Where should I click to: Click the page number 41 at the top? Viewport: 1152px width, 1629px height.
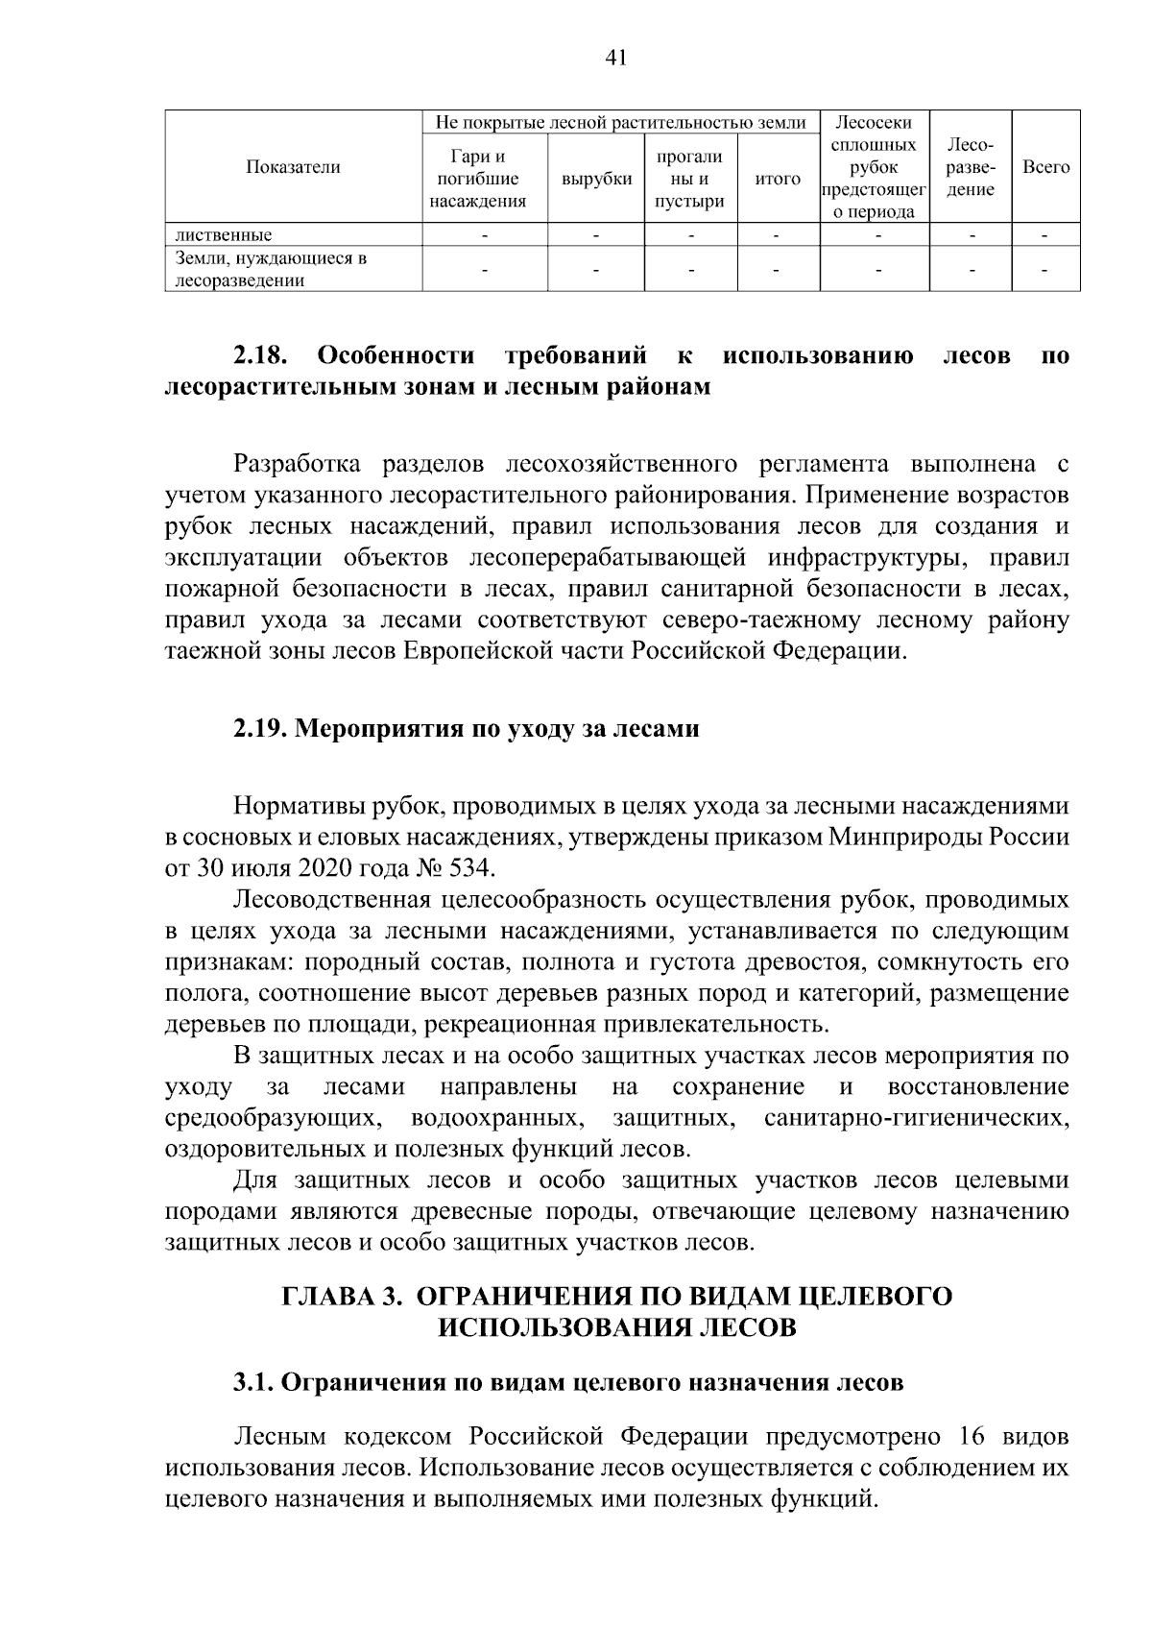616,59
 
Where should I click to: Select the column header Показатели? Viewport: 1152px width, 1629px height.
293,167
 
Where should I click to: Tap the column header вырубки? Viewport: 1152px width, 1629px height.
596,179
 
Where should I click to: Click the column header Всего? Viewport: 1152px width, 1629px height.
1045,167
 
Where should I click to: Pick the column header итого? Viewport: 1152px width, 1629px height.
778,179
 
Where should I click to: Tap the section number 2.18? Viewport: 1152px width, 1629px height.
261,356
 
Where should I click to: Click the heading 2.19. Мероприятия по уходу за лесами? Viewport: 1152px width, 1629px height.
466,728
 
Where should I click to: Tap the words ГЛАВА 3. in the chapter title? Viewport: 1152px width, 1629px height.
340,1296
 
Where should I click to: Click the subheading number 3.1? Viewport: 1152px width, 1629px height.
252,1382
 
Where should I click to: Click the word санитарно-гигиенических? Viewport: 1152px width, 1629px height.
916,1117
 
